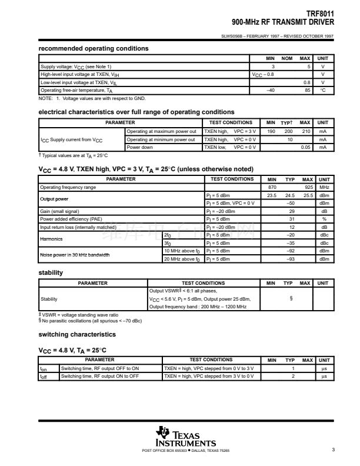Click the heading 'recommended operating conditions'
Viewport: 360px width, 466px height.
pyautogui.click(x=94, y=48)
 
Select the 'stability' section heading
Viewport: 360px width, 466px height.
pyautogui.click(x=51, y=272)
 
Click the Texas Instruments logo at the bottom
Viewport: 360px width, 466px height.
pyautogui.click(x=185, y=437)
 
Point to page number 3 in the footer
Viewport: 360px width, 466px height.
pyautogui.click(x=333, y=450)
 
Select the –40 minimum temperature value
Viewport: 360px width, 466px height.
pyautogui.click(x=271, y=90)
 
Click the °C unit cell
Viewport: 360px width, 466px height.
pyautogui.click(x=322, y=90)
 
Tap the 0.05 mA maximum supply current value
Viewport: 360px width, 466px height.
pyautogui.click(x=305, y=147)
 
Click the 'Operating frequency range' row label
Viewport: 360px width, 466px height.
pyautogui.click(x=68, y=187)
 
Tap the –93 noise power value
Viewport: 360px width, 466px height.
pyautogui.click(x=289, y=258)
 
